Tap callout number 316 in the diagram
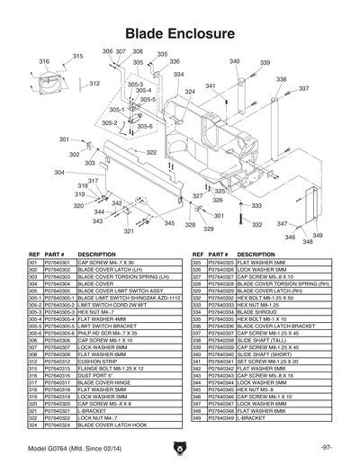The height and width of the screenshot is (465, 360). coord(43,61)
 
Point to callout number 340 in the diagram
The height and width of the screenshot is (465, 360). coord(235,61)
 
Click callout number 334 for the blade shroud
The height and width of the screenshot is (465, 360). coord(178,74)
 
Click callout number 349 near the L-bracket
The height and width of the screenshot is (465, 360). coord(306,241)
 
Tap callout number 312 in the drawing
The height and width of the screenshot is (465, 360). coord(94,83)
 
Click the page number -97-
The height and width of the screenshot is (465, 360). coord(327,448)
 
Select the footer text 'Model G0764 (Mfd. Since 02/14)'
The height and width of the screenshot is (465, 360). coord(71,448)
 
